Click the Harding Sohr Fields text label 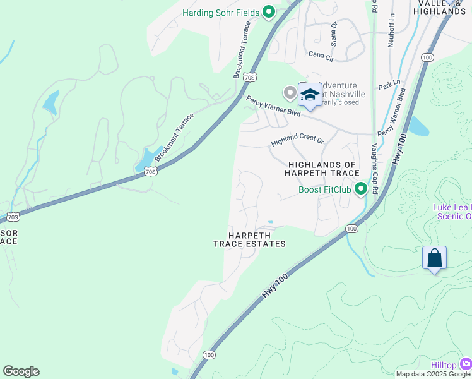coord(221,13)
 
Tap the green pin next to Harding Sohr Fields coord(269,12)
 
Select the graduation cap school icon coord(310,95)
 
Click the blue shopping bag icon coord(434,258)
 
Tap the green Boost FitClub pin coord(361,189)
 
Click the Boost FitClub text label coord(324,189)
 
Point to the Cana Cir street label coord(321,56)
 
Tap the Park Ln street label coord(389,83)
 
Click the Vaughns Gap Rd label coord(375,167)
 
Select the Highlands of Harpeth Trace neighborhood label coord(323,169)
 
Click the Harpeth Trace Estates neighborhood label coord(249,239)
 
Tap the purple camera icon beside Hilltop coord(466,363)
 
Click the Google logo coord(21,371)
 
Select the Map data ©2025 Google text coord(433,374)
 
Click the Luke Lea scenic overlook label coord(451,212)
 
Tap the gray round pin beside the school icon coord(290,93)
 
